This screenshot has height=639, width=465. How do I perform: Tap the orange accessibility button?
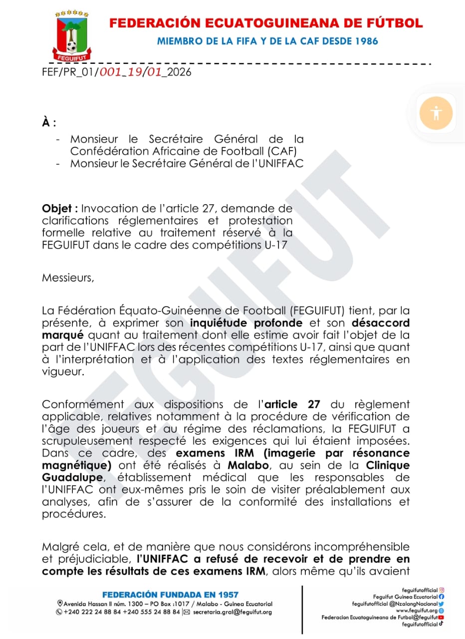pos(436,112)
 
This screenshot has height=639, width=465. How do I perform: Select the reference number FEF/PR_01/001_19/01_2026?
pos(116,72)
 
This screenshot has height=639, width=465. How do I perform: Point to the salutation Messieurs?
pos(68,278)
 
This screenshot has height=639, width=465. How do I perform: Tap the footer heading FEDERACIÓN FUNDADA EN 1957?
pos(170,595)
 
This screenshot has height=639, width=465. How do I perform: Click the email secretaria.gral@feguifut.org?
pos(232,612)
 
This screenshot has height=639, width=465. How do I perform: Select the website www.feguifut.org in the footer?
pos(417,611)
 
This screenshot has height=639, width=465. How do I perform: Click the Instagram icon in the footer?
pos(442,590)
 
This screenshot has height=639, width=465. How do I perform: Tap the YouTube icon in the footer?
pos(441,618)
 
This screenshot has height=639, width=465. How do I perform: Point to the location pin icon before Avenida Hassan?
pos(60,604)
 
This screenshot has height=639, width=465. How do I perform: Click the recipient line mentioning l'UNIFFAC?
pos(187,163)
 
